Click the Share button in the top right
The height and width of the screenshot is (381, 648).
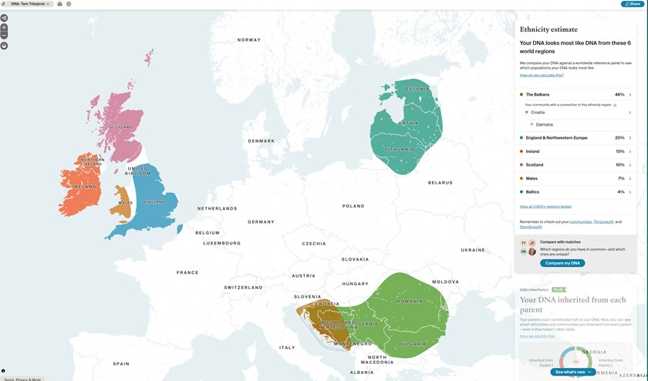point(633,4)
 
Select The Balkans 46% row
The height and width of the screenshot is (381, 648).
point(575,95)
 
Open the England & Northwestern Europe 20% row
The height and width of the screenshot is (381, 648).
point(575,138)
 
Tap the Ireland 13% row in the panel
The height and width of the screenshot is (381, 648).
point(575,151)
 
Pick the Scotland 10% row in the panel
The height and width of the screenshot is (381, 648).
point(575,165)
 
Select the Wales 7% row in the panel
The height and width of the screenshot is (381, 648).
point(575,178)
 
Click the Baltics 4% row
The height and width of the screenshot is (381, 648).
point(575,192)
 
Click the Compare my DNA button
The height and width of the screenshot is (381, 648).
point(562,263)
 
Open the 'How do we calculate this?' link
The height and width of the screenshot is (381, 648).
point(542,76)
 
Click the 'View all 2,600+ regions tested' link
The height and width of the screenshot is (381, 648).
point(545,207)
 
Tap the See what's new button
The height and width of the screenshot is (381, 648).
point(573,372)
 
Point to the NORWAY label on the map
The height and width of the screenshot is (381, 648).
point(249,40)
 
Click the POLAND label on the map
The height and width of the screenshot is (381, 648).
point(353,206)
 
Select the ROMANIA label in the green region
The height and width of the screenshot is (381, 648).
point(410,301)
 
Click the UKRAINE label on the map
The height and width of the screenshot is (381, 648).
point(473,250)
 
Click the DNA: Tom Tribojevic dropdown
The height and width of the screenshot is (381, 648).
point(31,4)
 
